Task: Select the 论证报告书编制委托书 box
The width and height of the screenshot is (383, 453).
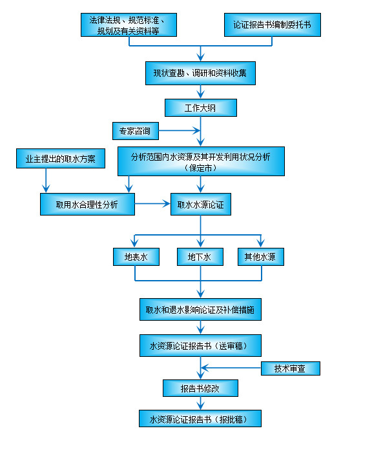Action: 273,25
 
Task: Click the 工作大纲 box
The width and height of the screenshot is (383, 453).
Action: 200,107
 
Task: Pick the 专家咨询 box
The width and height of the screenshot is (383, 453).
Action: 134,132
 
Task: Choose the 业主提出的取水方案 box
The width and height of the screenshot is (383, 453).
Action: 60,159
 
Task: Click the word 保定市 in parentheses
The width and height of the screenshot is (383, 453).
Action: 200,167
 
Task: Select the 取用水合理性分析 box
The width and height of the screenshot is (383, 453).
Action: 87,205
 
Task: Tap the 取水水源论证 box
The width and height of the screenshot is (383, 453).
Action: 200,205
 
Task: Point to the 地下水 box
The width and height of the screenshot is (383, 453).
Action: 200,257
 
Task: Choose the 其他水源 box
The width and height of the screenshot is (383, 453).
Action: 261,257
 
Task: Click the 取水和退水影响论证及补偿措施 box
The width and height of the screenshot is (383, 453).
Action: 200,310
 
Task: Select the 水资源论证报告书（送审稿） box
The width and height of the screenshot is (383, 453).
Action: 200,346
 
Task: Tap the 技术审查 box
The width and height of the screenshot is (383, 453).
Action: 290,368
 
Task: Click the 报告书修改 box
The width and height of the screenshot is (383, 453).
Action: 200,388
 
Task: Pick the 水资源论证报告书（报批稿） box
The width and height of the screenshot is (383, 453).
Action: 200,419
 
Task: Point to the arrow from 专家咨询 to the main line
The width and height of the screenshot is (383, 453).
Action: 178,132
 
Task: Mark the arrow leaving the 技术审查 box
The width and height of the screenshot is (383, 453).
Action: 233,368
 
